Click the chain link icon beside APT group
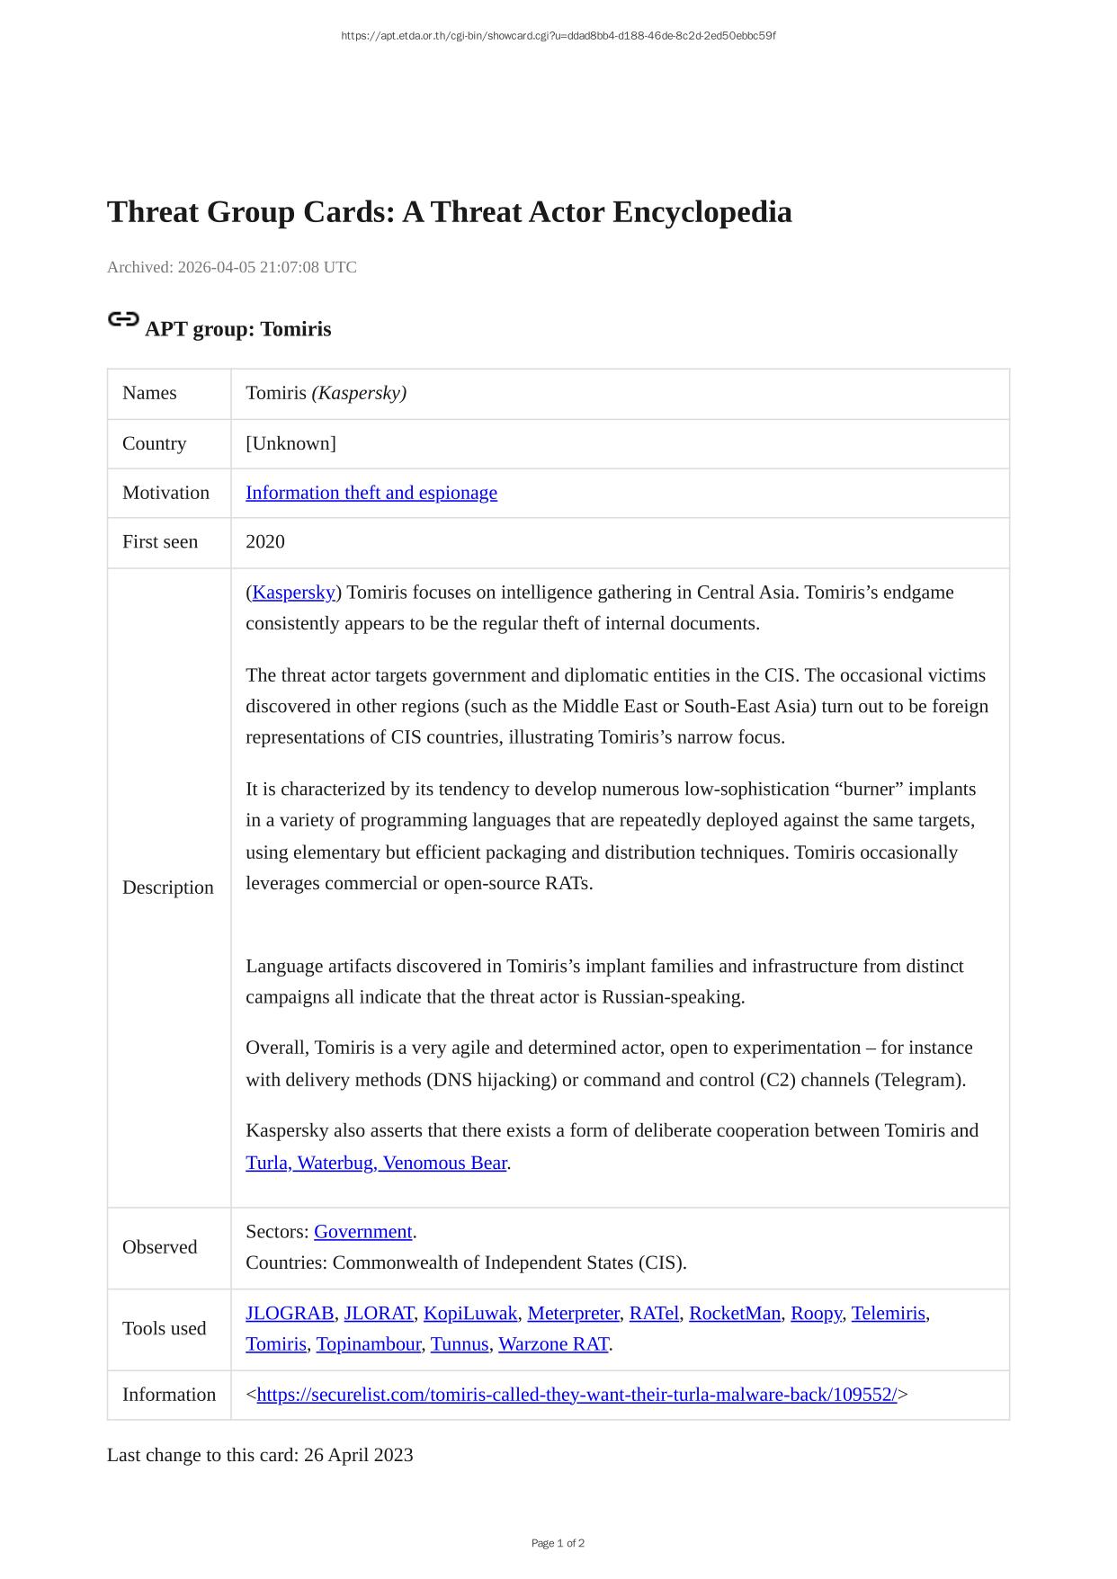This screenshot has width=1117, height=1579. tap(123, 319)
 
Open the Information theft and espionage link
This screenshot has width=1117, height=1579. tap(371, 493)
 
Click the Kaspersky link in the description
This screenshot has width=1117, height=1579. tap(293, 593)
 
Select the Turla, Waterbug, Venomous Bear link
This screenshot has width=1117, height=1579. tap(376, 1163)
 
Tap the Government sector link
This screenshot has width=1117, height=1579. tap(362, 1232)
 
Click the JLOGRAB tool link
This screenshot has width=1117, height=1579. tap(290, 1314)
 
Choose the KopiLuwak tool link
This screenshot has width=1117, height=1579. tap(470, 1314)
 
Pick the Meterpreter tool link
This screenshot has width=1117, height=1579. tap(573, 1314)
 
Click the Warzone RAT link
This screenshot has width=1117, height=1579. tap(553, 1344)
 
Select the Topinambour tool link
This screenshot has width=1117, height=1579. tap(369, 1344)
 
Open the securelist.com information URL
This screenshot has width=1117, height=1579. tap(576, 1395)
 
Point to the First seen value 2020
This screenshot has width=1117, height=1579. tap(265, 542)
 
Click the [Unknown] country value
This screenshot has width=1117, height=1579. tap(290, 444)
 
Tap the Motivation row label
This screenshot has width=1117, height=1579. tap(165, 493)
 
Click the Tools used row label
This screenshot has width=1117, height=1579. tap(164, 1329)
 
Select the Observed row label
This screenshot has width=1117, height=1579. tap(159, 1247)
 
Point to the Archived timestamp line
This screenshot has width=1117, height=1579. tap(232, 267)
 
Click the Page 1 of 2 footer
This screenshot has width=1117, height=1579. tap(558, 1543)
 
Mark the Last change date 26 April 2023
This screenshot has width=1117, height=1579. tap(358, 1455)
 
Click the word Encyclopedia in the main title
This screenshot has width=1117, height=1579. tap(702, 212)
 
